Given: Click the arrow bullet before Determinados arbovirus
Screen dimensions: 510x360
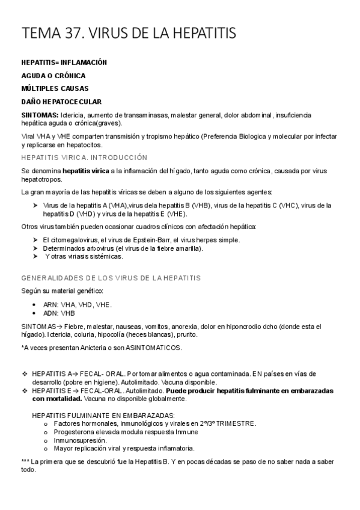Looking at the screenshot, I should [35, 248].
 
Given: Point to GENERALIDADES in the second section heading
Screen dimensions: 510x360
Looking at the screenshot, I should [50, 278].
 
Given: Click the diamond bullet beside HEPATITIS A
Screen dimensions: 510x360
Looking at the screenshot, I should [25, 374].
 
